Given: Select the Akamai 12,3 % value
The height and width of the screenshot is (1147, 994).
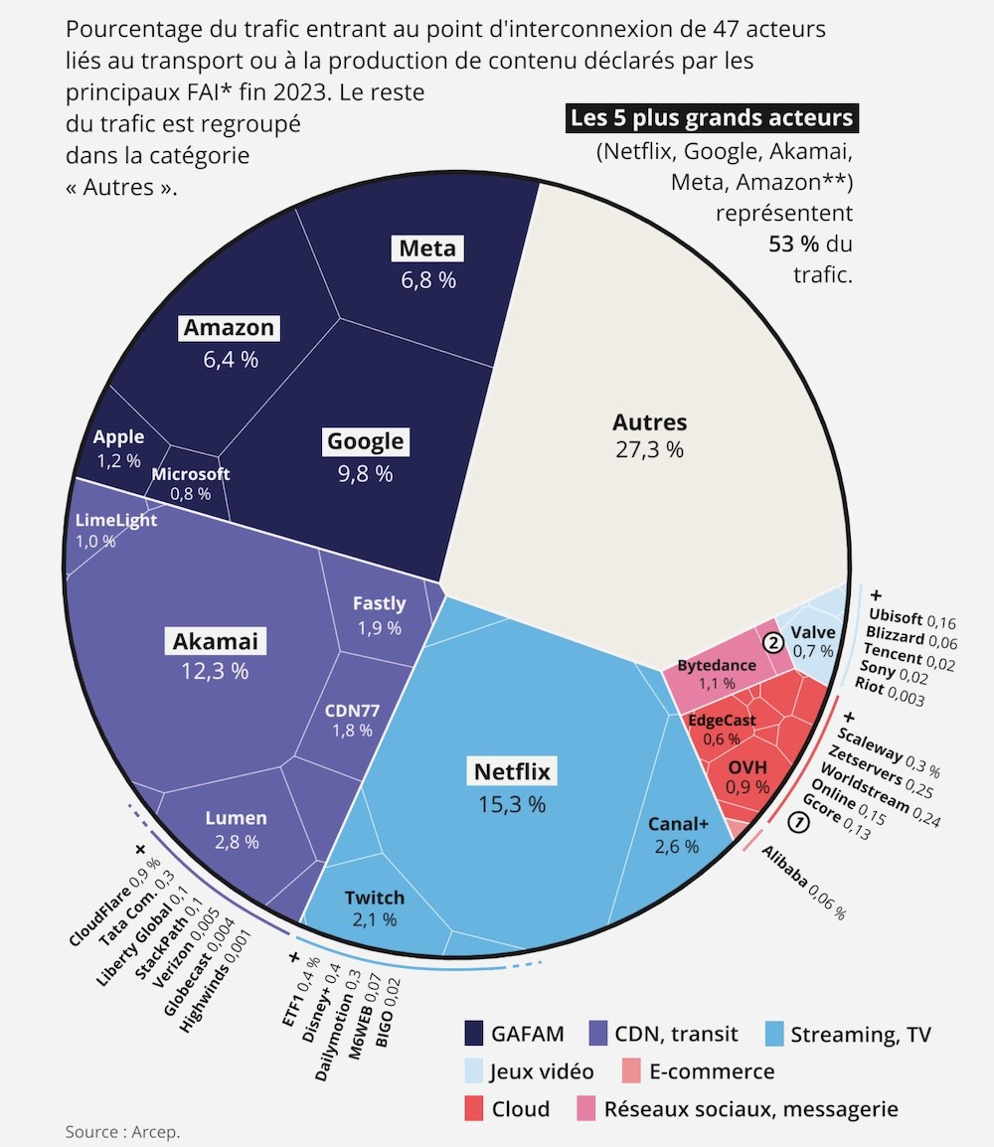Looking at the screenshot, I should [215, 671].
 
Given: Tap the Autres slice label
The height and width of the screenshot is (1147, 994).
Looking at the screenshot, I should [649, 422].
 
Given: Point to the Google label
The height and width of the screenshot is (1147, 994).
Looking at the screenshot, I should [365, 441].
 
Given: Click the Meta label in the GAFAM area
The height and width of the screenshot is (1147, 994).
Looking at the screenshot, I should [427, 248].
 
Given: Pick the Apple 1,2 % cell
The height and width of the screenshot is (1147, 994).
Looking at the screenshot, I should [118, 448].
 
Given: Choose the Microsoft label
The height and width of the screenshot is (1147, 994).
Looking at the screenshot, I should [190, 474].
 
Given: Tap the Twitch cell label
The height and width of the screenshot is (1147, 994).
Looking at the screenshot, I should [375, 898].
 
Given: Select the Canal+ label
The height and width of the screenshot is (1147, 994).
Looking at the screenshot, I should [678, 824].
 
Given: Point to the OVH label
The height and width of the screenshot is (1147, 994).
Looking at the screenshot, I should [747, 767].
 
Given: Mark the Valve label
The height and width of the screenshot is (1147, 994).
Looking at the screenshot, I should [813, 632].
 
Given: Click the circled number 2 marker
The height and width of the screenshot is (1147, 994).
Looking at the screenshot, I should [772, 643].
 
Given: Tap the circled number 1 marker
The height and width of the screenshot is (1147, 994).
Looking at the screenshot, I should [797, 821].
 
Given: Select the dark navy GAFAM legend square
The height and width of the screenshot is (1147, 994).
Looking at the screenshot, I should [475, 1034].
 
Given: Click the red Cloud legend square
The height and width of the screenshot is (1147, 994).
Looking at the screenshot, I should [475, 1108].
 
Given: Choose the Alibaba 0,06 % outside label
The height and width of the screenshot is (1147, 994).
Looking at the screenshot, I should [803, 881].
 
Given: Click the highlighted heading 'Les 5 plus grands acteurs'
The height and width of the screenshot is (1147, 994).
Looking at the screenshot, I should [711, 118].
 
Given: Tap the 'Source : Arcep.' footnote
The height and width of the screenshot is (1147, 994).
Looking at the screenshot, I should [123, 1131].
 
